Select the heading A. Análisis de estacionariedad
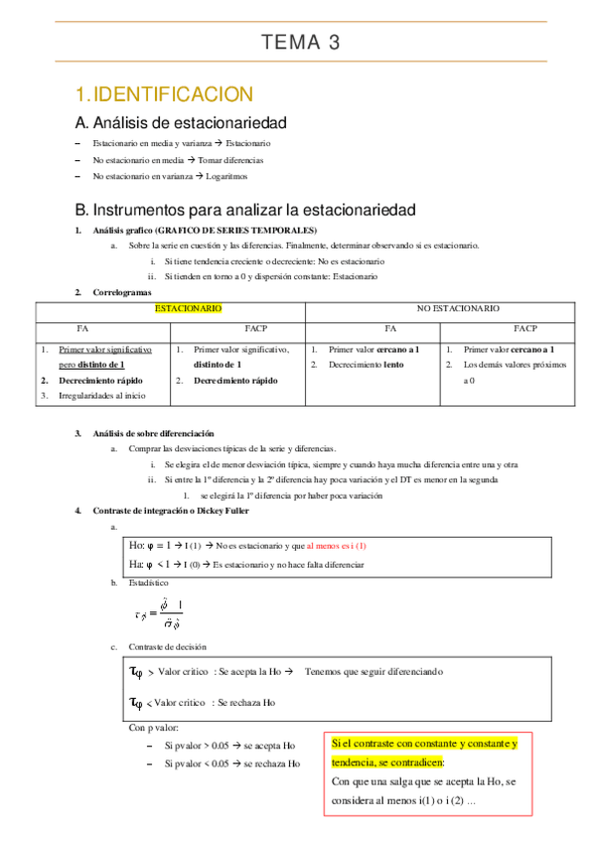click(181, 124)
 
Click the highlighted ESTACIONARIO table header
click(188, 309)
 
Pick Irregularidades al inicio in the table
click(103, 396)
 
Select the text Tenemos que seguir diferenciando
click(373, 671)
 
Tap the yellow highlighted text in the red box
click(425, 751)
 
